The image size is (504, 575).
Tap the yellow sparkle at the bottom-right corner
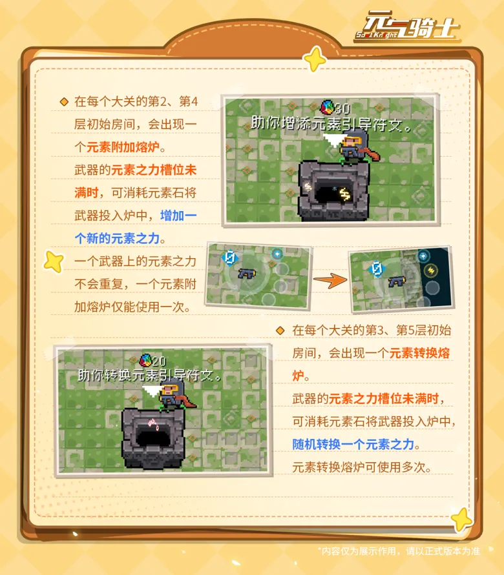tap(461, 518)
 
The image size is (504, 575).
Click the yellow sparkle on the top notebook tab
tap(315, 59)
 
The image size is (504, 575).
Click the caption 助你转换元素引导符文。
tap(151, 375)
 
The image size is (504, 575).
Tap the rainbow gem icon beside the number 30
tap(327, 107)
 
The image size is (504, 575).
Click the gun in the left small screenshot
tap(246, 274)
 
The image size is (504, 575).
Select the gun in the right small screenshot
tap(396, 281)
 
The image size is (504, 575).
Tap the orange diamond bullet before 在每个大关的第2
tap(64, 102)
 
